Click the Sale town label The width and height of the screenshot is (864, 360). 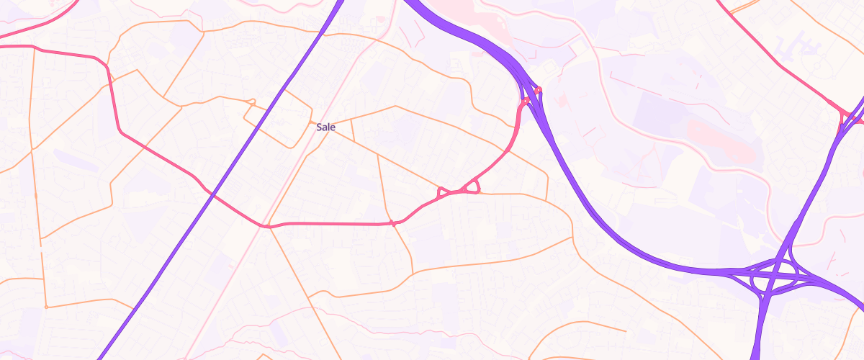pyautogui.click(x=325, y=127)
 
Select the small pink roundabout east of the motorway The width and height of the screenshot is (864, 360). pyautogui.click(x=539, y=90)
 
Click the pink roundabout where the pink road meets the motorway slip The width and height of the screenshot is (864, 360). pyautogui.click(x=526, y=102)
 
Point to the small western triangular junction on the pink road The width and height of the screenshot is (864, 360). pyautogui.click(x=442, y=193)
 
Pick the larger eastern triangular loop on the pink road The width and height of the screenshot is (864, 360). pyautogui.click(x=472, y=189)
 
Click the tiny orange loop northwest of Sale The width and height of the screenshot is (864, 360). pyautogui.click(x=251, y=102)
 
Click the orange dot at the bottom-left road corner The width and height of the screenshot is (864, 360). pyautogui.click(x=46, y=307)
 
